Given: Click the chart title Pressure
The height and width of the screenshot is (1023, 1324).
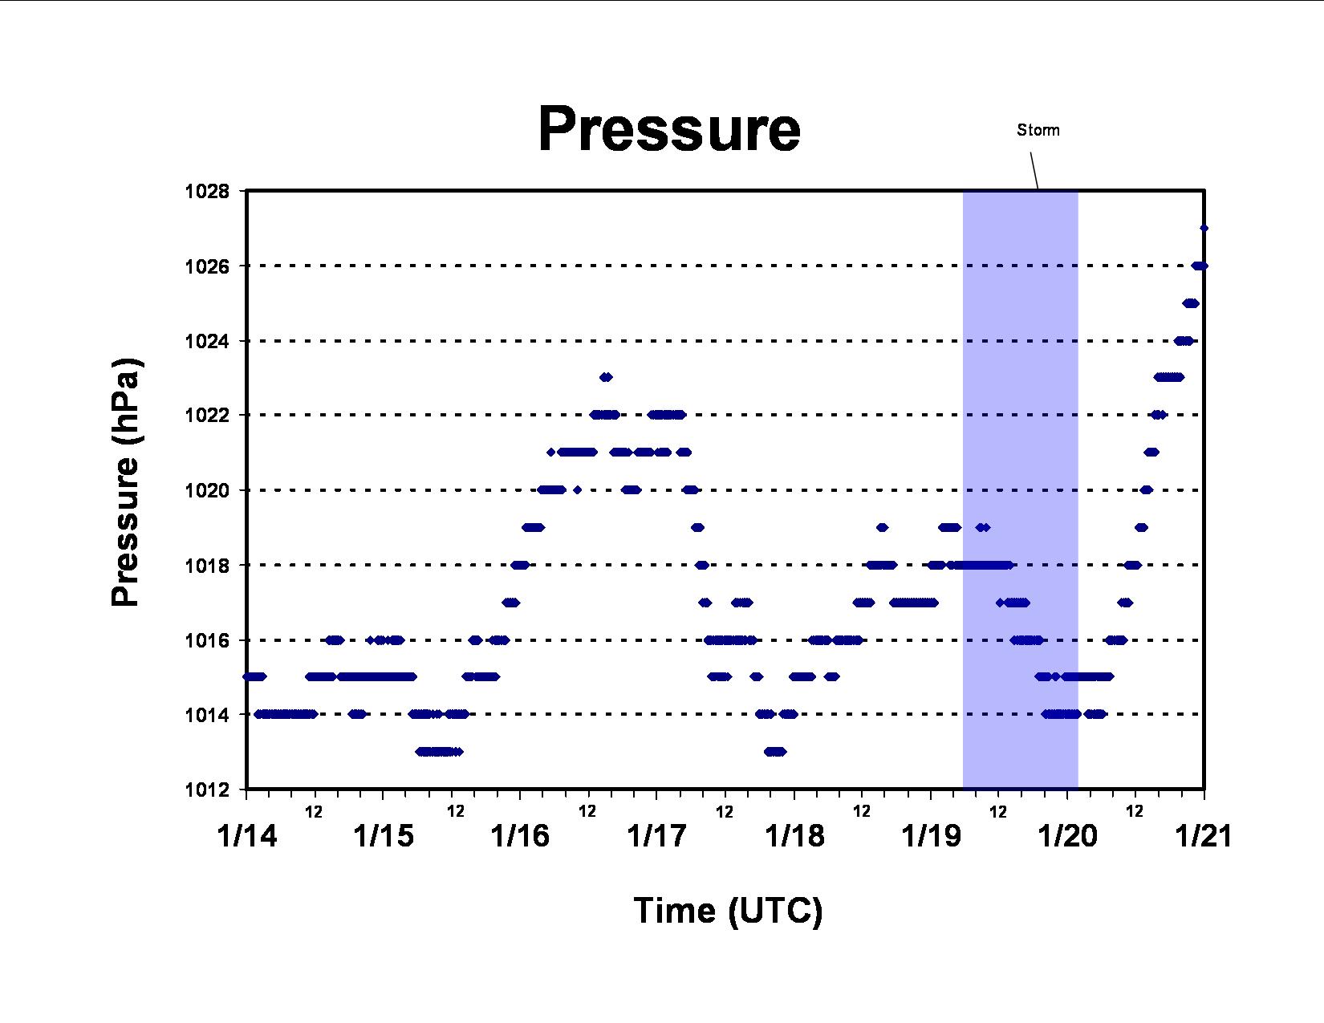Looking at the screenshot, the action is tap(669, 130).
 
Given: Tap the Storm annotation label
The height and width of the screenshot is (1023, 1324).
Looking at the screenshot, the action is tap(1038, 130).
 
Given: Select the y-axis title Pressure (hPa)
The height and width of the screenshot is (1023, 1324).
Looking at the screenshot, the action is tap(125, 482).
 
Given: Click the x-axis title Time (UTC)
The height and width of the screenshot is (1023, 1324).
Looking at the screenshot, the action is tap(728, 911).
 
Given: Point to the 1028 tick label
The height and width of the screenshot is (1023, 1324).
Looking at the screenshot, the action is tap(207, 191).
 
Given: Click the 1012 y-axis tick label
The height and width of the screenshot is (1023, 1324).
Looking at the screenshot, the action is tap(207, 790).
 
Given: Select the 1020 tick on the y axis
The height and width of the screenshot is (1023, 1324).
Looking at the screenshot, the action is tap(207, 490).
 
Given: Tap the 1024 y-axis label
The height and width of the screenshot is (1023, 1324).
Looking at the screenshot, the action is tap(207, 341).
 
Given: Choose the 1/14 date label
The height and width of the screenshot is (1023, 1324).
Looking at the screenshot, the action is tap(247, 836).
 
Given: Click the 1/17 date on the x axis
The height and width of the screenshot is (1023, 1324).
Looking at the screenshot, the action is tap(657, 836).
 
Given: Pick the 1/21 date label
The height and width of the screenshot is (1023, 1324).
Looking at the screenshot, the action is tap(1204, 836).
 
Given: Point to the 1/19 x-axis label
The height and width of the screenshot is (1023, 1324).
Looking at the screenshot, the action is tap(931, 836).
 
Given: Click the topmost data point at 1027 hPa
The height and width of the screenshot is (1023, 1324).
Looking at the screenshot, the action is tap(1204, 229).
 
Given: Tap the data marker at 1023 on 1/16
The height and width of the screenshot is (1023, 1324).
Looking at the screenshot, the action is tap(606, 377).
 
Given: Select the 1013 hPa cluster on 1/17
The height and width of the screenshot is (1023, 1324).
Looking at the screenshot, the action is tap(775, 752).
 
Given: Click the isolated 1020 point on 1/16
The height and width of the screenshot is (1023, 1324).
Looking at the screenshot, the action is tap(578, 490).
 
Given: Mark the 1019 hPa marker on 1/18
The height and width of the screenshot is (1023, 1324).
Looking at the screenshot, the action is tap(882, 528).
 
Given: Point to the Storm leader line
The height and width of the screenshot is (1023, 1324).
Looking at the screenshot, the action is tap(1034, 171).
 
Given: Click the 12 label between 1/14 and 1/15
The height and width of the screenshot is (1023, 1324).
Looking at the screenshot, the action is tap(314, 812).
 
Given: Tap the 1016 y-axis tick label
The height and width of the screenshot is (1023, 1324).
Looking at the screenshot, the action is tap(207, 640).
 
